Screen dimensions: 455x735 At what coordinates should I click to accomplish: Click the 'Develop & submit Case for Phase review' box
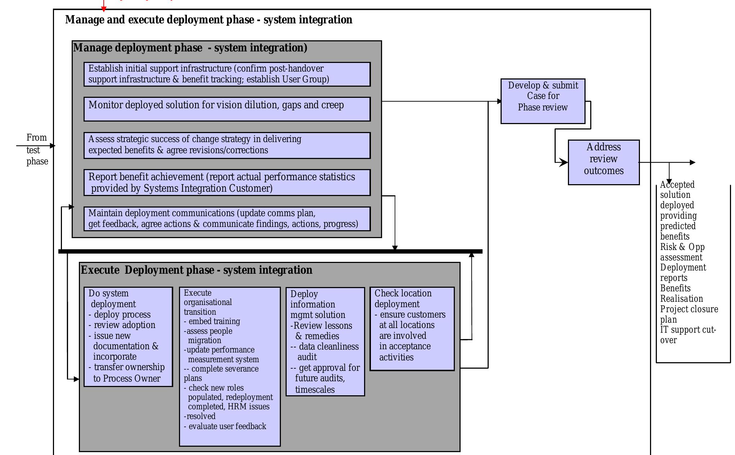coord(543,101)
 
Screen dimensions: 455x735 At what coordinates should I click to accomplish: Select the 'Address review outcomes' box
coord(604,162)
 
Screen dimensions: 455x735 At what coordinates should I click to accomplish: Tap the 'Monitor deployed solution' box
coord(227,109)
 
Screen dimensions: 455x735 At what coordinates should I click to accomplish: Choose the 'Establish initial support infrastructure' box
coord(227,74)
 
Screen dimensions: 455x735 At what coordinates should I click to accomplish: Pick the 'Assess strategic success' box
coord(227,145)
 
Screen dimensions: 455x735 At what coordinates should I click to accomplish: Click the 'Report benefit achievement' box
coord(227,183)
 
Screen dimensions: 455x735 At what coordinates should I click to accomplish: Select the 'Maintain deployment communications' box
coord(227,219)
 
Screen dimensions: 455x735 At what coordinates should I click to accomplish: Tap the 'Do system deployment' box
coord(128,337)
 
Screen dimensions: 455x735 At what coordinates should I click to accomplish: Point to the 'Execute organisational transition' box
coord(230,366)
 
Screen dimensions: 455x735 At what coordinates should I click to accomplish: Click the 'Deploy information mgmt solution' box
coord(325,341)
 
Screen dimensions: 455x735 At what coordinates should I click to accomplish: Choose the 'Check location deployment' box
coord(412,328)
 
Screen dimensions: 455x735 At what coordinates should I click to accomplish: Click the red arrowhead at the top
coord(104,9)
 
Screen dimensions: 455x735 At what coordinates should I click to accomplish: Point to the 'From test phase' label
coord(37,149)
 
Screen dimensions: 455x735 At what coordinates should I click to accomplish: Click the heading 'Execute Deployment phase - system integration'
coord(197,270)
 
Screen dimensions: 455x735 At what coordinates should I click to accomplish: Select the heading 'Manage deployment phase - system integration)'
coord(190,48)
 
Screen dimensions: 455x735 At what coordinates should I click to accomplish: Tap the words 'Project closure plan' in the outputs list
coord(689,314)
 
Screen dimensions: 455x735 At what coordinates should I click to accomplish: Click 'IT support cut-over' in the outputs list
coord(687,335)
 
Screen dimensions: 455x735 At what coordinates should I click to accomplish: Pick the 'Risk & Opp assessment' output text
coord(682,252)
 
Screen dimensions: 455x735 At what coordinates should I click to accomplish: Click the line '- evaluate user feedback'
coord(225,427)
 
